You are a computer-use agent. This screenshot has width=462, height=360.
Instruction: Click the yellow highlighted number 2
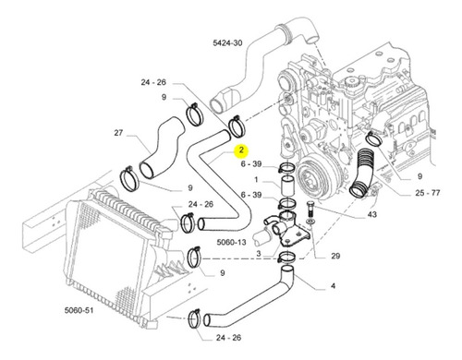click(241, 150)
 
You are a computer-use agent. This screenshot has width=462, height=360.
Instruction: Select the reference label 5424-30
click(227, 42)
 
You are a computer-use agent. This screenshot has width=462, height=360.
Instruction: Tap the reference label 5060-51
click(79, 310)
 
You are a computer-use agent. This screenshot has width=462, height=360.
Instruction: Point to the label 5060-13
click(231, 242)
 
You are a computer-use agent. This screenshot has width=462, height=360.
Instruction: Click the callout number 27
click(118, 133)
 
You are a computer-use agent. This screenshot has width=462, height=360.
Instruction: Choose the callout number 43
click(372, 214)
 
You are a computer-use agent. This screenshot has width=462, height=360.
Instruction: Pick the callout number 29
click(335, 256)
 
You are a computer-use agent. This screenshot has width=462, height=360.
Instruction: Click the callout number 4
click(333, 286)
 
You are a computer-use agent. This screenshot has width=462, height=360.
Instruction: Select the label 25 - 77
click(428, 193)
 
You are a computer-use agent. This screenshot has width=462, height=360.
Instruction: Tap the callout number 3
click(259, 254)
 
